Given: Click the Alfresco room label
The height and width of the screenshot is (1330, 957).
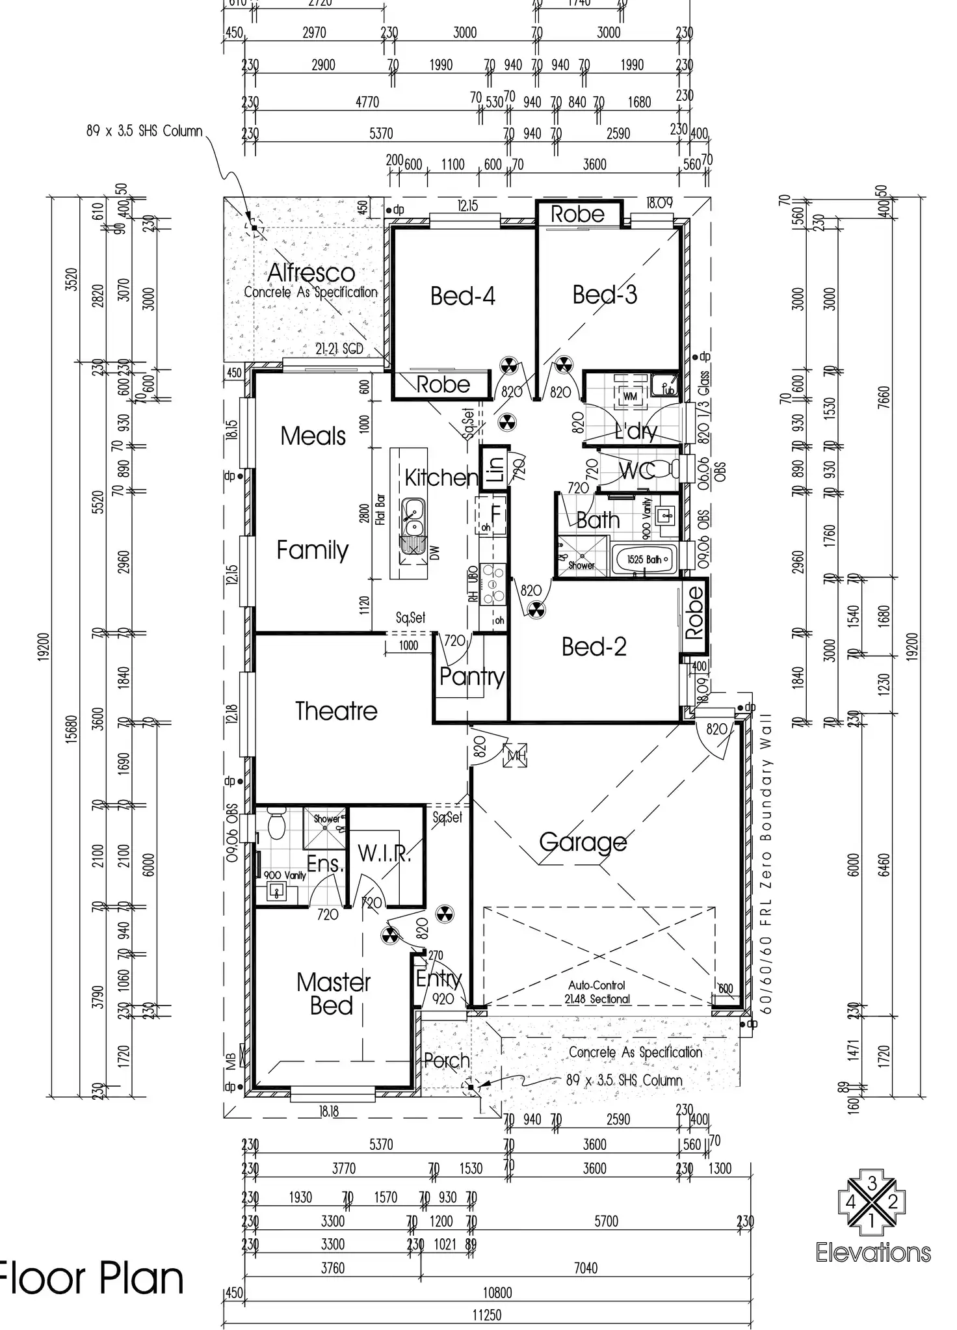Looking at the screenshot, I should coord(311,273).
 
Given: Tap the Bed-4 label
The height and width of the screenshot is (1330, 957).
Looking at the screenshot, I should coord(462,296).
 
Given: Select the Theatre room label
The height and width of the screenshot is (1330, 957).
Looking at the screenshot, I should coord(336,711).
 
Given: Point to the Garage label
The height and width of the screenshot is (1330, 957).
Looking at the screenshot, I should coord(583,842).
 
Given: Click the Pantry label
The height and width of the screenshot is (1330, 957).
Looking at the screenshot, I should coord(471,676).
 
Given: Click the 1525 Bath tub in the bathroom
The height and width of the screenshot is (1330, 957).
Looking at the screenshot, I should coord(644,559).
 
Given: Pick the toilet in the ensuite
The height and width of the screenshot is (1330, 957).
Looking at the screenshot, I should coord(276,825).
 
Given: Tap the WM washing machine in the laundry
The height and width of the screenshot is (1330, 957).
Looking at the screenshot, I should coord(629,396).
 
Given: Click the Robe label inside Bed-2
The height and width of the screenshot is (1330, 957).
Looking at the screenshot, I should coord(694,612).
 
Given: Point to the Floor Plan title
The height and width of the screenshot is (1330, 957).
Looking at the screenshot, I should coord(91,1279).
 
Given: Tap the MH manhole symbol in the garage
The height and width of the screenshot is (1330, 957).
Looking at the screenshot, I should coord(516,756).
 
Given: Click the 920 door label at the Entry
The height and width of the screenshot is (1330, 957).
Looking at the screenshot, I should coord(443,998).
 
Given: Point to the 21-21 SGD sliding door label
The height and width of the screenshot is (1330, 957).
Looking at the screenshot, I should coord(339,349).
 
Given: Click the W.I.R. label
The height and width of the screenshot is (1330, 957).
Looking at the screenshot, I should coord(384,853).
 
